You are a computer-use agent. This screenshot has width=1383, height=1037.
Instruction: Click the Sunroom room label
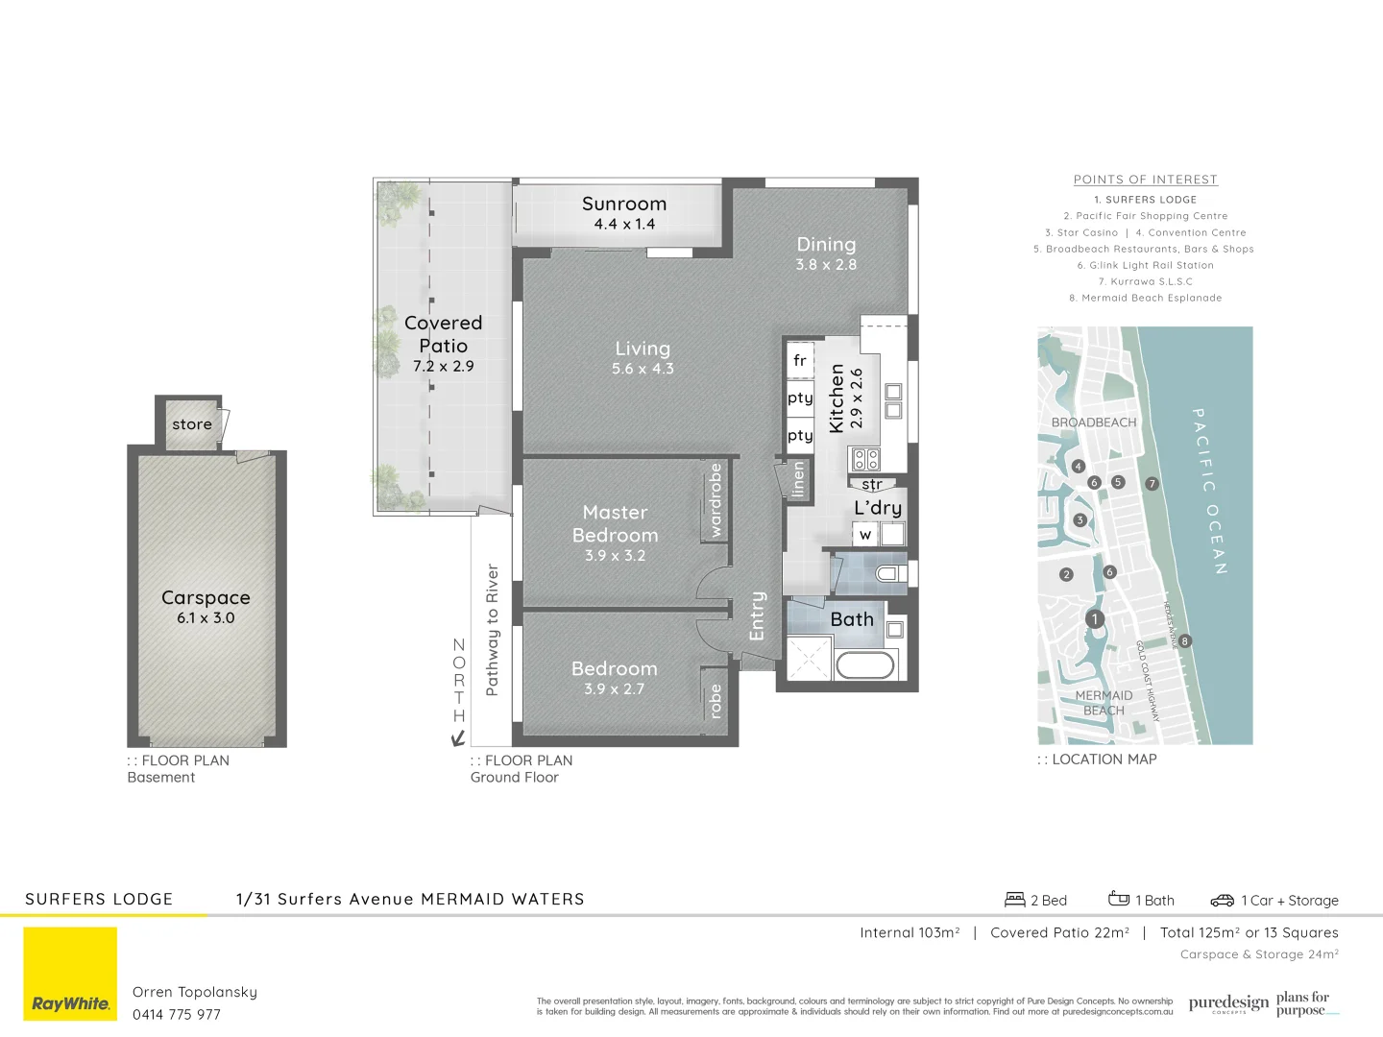623,204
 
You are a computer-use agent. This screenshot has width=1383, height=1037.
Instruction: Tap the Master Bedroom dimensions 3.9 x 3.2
615,556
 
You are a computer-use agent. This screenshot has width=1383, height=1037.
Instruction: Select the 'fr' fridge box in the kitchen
799,361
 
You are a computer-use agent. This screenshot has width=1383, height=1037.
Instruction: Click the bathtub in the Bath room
865,664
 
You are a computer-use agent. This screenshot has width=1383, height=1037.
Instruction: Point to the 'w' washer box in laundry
865,535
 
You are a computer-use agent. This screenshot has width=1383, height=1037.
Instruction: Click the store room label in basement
192,424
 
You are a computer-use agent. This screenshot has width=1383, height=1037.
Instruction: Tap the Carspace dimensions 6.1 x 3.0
206,618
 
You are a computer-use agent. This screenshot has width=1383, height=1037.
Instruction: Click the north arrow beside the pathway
459,737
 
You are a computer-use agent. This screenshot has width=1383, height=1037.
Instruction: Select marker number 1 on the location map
1094,619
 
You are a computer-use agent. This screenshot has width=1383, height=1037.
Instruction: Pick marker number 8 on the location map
1185,640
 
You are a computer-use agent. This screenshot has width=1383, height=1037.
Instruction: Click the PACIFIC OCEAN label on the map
1208,491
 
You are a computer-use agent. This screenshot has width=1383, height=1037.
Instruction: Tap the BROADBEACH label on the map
1093,422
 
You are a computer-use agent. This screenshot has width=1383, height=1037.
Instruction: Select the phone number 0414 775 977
177,1014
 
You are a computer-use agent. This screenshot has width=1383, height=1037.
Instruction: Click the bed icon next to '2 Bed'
1014,900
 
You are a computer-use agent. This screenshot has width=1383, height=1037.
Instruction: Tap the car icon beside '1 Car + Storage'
1222,900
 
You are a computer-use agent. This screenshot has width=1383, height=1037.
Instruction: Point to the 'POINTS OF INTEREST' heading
1145,180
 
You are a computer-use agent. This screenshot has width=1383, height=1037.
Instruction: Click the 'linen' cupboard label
798,479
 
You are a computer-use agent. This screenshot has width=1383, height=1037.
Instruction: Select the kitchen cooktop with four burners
865,459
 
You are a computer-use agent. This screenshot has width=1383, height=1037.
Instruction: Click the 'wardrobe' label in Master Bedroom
715,500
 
